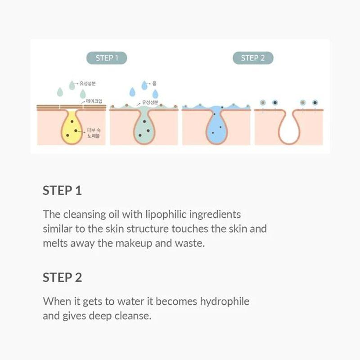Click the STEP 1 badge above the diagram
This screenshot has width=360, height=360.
coord(107,58)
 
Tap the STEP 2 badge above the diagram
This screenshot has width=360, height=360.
coord(253,58)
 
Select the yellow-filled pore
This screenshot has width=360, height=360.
coord(72,128)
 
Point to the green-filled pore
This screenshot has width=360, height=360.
coord(144,128)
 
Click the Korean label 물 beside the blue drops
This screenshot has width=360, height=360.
coord(154,83)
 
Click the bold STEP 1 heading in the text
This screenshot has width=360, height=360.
coord(62,190)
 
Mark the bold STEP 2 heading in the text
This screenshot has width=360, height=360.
coord(62,277)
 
